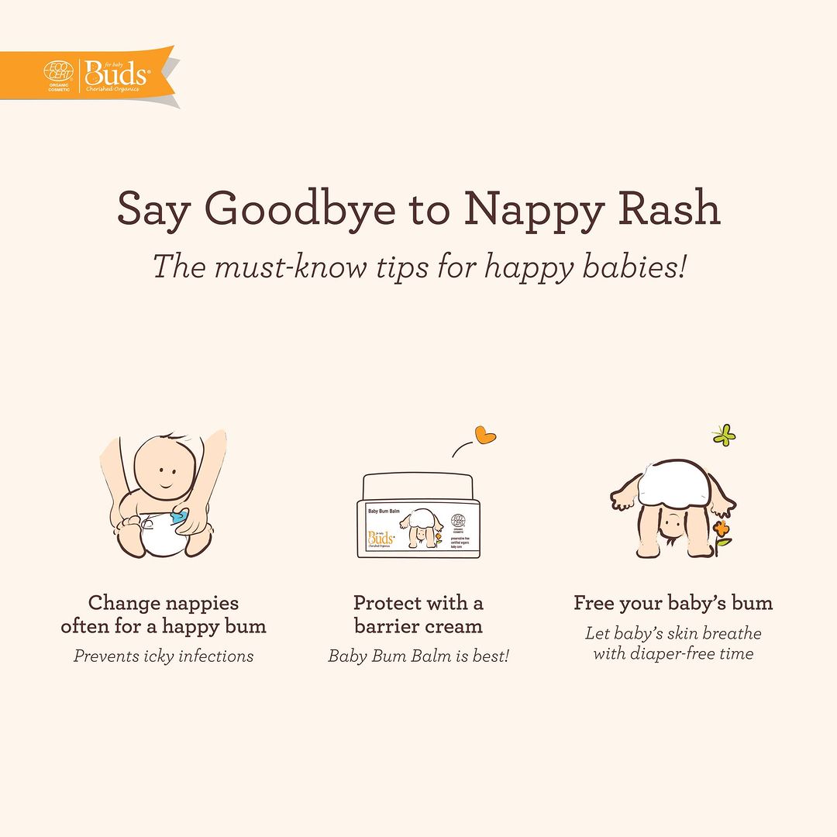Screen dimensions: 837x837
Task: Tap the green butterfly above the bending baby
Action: pyautogui.click(x=724, y=435)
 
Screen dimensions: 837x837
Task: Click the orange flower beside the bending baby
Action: pyautogui.click(x=722, y=531)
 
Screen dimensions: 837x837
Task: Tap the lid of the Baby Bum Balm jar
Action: pyautogui.click(x=418, y=486)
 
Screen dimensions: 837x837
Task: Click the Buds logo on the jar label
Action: pyautogui.click(x=382, y=537)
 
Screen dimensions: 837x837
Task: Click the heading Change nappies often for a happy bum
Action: pyautogui.click(x=164, y=615)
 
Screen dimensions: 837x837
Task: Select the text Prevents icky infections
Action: pyautogui.click(x=164, y=656)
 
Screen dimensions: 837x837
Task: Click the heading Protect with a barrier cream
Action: pyautogui.click(x=418, y=615)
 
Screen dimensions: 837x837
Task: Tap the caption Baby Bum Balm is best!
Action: pyautogui.click(x=418, y=656)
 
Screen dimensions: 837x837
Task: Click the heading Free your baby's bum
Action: pyautogui.click(x=673, y=603)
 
